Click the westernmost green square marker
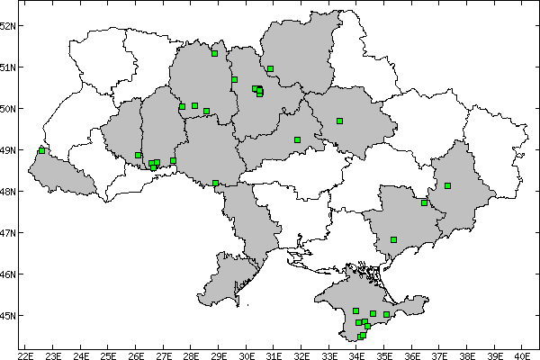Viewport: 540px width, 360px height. coord(41,150)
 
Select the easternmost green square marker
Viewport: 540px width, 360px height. coord(447,185)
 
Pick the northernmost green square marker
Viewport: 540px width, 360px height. coord(214,53)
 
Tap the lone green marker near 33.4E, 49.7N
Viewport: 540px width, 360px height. coord(339,121)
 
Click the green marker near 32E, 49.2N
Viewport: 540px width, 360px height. coord(297,139)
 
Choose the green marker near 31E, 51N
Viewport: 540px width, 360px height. coord(270,68)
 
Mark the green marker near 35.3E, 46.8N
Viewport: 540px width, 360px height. coord(393,239)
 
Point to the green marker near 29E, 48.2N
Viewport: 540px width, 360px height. coord(215,183)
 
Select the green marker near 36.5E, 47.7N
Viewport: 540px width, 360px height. coord(424,202)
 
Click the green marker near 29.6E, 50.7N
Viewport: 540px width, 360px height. coord(234,79)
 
